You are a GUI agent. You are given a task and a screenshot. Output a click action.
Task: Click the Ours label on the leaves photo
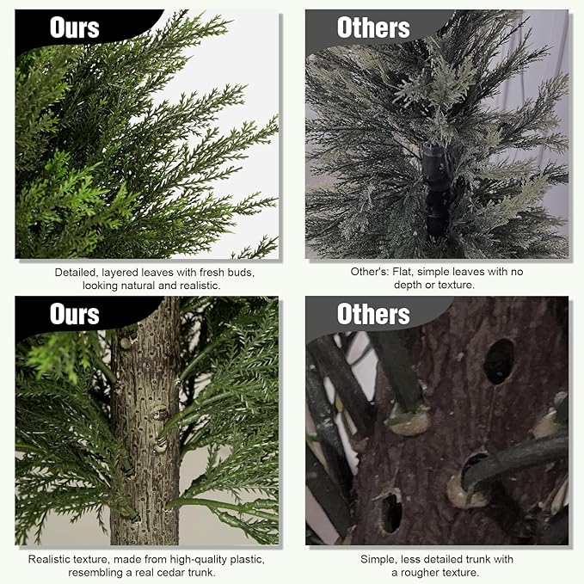point(75,28)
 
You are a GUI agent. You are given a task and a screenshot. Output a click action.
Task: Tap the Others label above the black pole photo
point(373,28)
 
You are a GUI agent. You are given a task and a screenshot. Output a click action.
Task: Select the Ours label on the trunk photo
point(75,314)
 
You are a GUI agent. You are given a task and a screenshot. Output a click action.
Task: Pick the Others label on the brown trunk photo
point(373,314)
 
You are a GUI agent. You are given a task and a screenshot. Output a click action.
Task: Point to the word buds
point(241,273)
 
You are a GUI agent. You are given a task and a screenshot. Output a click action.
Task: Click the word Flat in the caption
point(403,272)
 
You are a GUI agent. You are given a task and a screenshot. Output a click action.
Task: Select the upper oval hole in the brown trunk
point(499,360)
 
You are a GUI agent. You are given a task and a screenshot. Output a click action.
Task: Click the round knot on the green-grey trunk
point(160,413)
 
